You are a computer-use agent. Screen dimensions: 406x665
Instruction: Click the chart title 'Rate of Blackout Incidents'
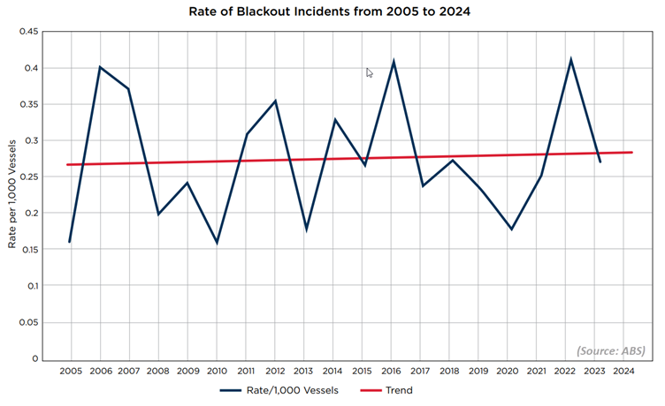click(332, 13)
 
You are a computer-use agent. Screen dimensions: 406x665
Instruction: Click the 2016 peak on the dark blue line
click(393, 62)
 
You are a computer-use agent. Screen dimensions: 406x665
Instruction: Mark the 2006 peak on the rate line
click(100, 67)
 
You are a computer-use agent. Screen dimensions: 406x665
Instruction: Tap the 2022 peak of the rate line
click(570, 60)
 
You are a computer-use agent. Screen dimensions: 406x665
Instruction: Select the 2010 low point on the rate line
click(217, 243)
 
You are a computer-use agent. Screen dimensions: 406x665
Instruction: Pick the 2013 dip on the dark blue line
click(305, 229)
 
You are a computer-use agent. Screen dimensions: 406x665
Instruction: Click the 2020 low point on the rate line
click(511, 229)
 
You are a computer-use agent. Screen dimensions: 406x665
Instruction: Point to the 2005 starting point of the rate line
click(70, 242)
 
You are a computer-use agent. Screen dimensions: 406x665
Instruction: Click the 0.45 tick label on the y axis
click(28, 32)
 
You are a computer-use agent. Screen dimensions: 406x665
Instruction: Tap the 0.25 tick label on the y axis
click(28, 177)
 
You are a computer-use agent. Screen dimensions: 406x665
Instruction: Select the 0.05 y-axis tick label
click(28, 323)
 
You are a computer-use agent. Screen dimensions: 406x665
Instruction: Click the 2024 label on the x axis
click(623, 371)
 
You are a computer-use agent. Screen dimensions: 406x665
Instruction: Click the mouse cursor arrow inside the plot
click(370, 73)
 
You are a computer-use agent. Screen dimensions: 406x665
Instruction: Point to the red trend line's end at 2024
click(631, 152)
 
